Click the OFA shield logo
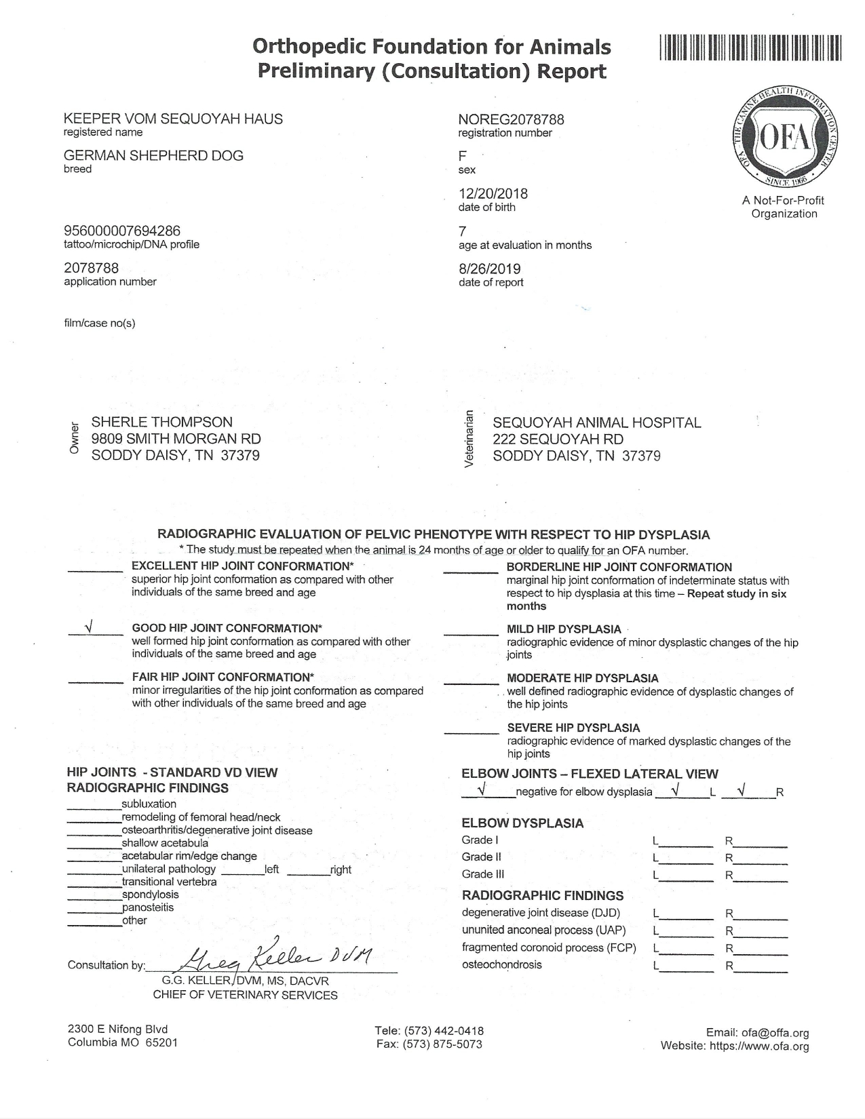point(783,140)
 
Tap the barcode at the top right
point(750,48)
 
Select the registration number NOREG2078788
point(511,120)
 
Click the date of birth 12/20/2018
point(493,194)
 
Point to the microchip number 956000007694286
point(122,231)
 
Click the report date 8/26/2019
point(490,269)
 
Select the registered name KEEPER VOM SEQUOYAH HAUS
point(173,119)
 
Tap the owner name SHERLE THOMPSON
point(162,423)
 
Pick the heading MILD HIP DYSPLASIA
point(564,629)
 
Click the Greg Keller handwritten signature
point(278,958)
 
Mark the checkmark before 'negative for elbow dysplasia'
point(481,789)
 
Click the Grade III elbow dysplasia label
point(483,874)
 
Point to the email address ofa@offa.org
point(775,1033)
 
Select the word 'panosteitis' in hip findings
point(148,907)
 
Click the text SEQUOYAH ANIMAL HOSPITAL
point(597,423)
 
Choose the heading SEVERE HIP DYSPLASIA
point(573,728)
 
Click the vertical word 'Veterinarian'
point(467,439)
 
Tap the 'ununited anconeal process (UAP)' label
point(544,930)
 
